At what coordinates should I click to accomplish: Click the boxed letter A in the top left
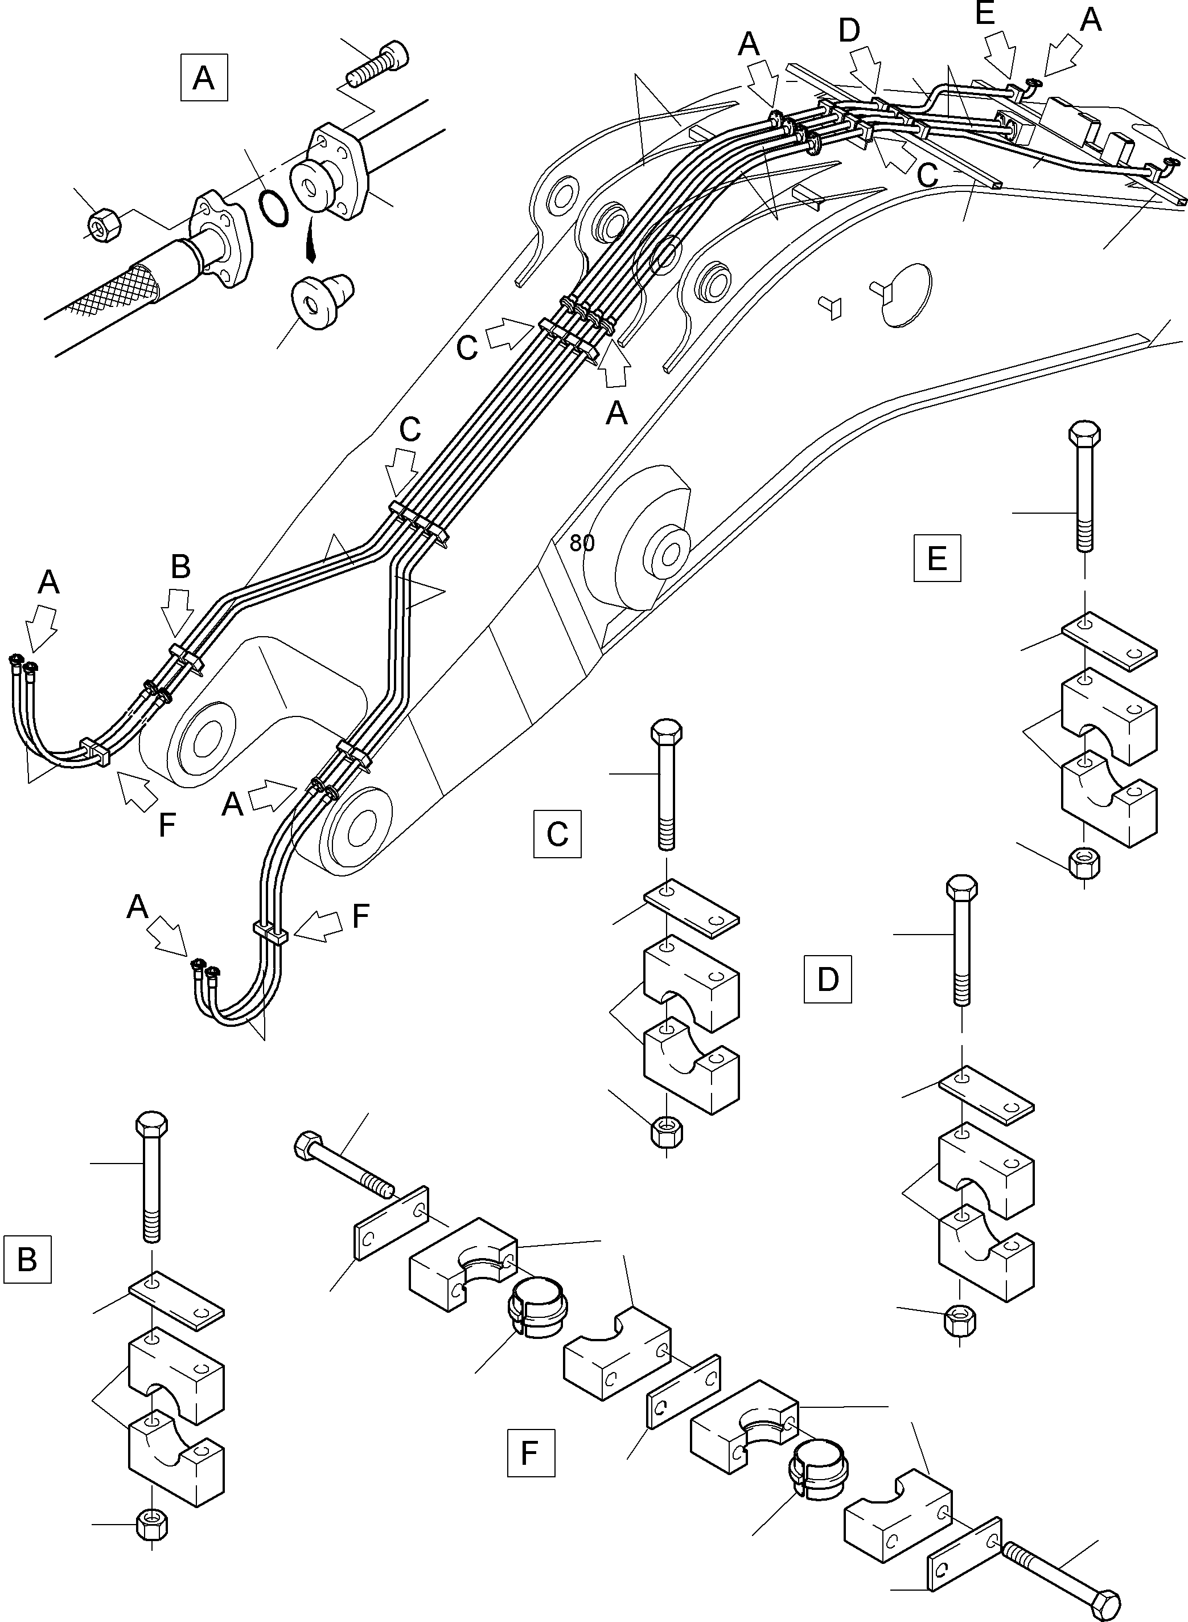click(x=204, y=77)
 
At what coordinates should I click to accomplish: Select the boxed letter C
click(x=557, y=834)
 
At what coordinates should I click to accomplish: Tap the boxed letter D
click(x=828, y=979)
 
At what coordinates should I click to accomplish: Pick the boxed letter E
click(x=937, y=558)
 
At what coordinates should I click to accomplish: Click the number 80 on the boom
click(x=582, y=543)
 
